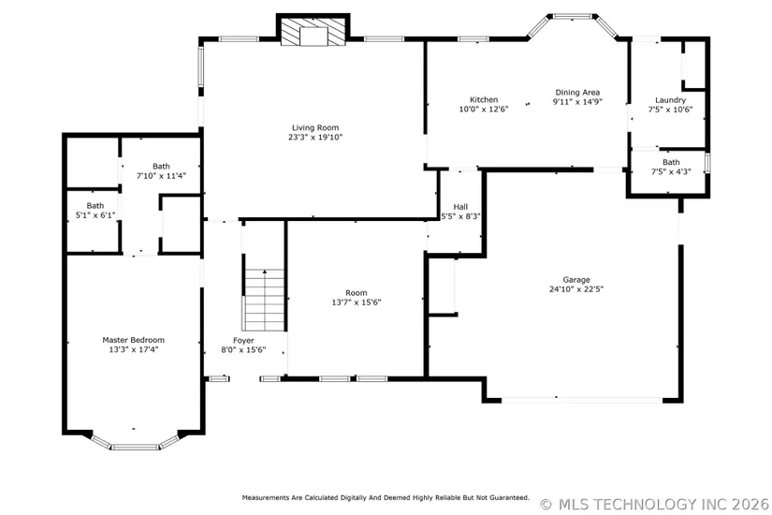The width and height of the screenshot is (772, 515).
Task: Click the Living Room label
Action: [x=315, y=127]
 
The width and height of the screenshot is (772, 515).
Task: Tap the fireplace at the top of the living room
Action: [x=313, y=30]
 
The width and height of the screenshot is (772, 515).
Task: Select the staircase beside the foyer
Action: [x=265, y=300]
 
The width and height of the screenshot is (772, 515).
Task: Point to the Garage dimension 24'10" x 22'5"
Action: [x=576, y=289]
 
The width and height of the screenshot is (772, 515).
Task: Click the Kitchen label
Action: [x=484, y=99]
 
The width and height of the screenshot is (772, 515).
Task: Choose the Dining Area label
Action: [x=577, y=92]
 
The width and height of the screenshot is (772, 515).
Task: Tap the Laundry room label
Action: [x=670, y=100]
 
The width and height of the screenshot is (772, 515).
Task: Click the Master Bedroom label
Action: [x=134, y=340]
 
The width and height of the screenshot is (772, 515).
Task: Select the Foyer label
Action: [x=243, y=341]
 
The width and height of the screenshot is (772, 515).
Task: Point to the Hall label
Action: [x=460, y=207]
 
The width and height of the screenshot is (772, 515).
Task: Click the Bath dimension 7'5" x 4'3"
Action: [x=671, y=171]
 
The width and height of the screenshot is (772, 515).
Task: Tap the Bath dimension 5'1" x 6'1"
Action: [x=95, y=214]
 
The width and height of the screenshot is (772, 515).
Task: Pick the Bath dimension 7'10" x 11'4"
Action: [x=161, y=175]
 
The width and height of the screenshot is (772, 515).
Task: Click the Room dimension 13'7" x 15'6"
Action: [x=356, y=302]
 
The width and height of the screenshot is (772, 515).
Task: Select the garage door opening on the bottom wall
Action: [x=582, y=400]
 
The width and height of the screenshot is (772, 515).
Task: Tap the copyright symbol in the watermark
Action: [x=546, y=505]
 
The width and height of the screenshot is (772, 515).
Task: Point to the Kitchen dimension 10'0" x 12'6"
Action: [x=484, y=110]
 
